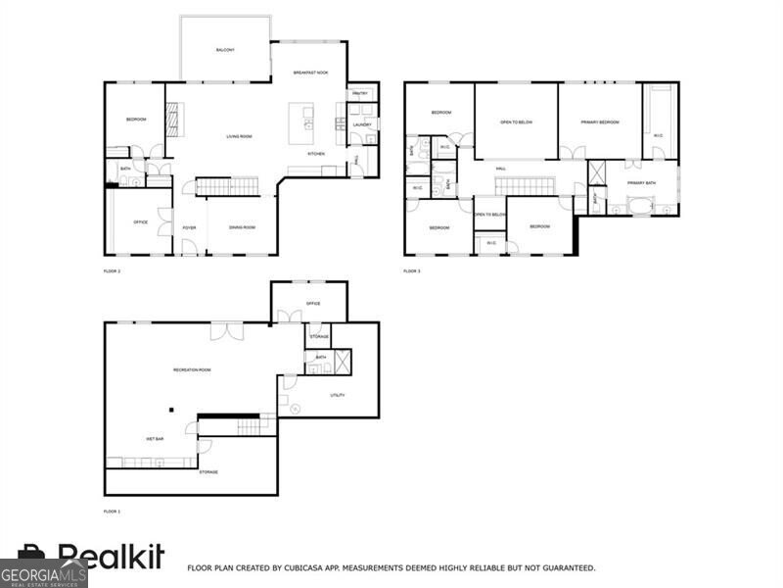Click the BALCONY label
pos(225,50)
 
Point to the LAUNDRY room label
pos(362,124)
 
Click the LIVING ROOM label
pos(240,136)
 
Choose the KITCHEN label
pos(316,154)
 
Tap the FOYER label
pos(189,227)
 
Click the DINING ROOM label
pos(242,227)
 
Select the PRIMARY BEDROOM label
pos(600,122)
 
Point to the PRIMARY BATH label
pos(642,183)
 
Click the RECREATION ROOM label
pos(192,369)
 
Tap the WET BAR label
pos(155,438)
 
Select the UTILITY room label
pos(337,395)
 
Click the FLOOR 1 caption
pos(112,512)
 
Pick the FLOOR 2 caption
pos(112,269)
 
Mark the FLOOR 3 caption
pos(412,269)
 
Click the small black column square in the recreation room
pos(170,410)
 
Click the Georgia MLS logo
pos(44,574)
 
